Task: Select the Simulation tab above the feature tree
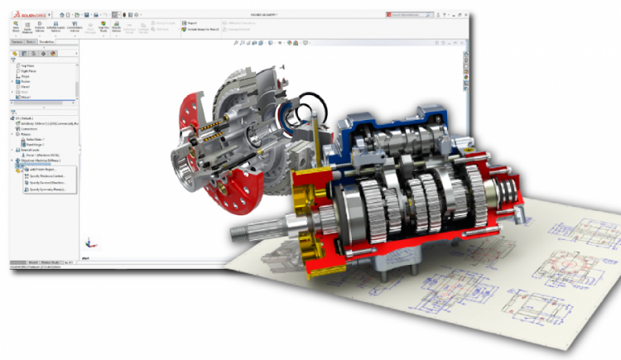pos(46,41)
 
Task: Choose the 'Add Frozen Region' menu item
pos(42,170)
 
